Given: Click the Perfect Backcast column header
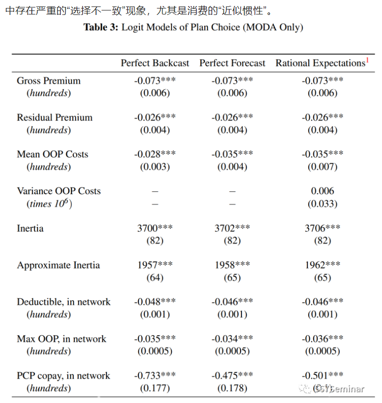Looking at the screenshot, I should tap(155, 63).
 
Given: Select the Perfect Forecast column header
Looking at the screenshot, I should tap(233, 63).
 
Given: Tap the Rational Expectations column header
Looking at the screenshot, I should tap(320, 63).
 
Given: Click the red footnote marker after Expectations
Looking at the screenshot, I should tap(368, 60).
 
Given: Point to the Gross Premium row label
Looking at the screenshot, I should tap(49, 81).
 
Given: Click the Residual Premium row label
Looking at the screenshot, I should tap(55, 118).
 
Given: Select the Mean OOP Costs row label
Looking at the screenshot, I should tap(52, 154).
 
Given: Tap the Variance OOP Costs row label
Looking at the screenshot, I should tap(59, 191).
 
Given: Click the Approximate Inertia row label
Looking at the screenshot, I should tap(58, 265).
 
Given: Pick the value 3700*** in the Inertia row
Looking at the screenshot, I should tap(155, 228).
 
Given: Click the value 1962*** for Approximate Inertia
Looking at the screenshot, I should tap(322, 265).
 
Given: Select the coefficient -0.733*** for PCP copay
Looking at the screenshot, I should tap(155, 376).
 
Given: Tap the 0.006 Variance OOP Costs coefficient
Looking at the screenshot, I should tap(322, 191).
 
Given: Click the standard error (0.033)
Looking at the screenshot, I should tap(322, 204).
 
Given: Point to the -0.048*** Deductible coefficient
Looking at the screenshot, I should tap(155, 302).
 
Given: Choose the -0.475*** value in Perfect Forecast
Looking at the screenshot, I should tap(232, 376).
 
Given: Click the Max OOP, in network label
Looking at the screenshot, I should tap(62, 339).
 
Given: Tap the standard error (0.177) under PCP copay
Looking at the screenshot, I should tap(155, 388).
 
